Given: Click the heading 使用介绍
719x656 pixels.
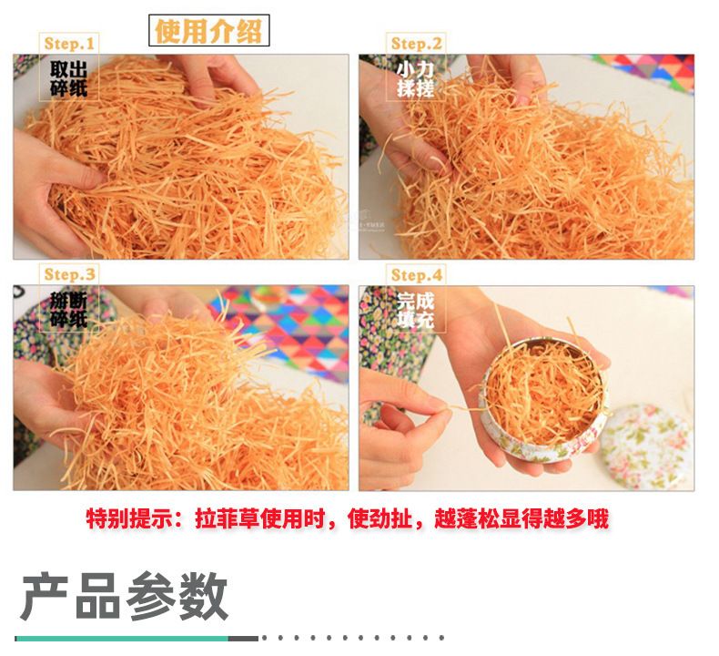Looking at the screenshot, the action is (208, 31).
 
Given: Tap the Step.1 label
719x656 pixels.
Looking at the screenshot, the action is (69, 44).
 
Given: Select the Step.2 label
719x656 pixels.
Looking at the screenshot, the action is (416, 44).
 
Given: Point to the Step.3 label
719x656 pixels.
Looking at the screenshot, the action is (69, 274).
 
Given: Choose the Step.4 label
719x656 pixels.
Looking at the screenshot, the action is (416, 275).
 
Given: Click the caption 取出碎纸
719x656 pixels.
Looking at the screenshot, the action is (69, 78).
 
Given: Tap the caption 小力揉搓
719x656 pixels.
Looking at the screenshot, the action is (415, 79).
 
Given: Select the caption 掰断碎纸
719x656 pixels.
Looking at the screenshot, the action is (69, 311).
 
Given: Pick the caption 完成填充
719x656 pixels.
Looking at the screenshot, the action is (415, 311).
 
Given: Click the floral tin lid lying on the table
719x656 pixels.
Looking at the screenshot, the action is (645, 447).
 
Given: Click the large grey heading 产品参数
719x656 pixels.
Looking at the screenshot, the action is (125, 597).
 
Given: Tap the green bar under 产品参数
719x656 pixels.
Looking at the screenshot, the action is (122, 639).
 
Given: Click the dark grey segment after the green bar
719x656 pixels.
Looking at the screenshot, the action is (244, 639).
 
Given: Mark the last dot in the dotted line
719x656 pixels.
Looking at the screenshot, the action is (441, 638).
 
